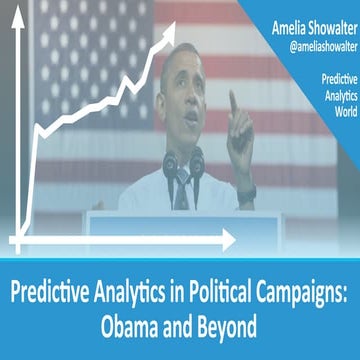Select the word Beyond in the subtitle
[x=217, y=327]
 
